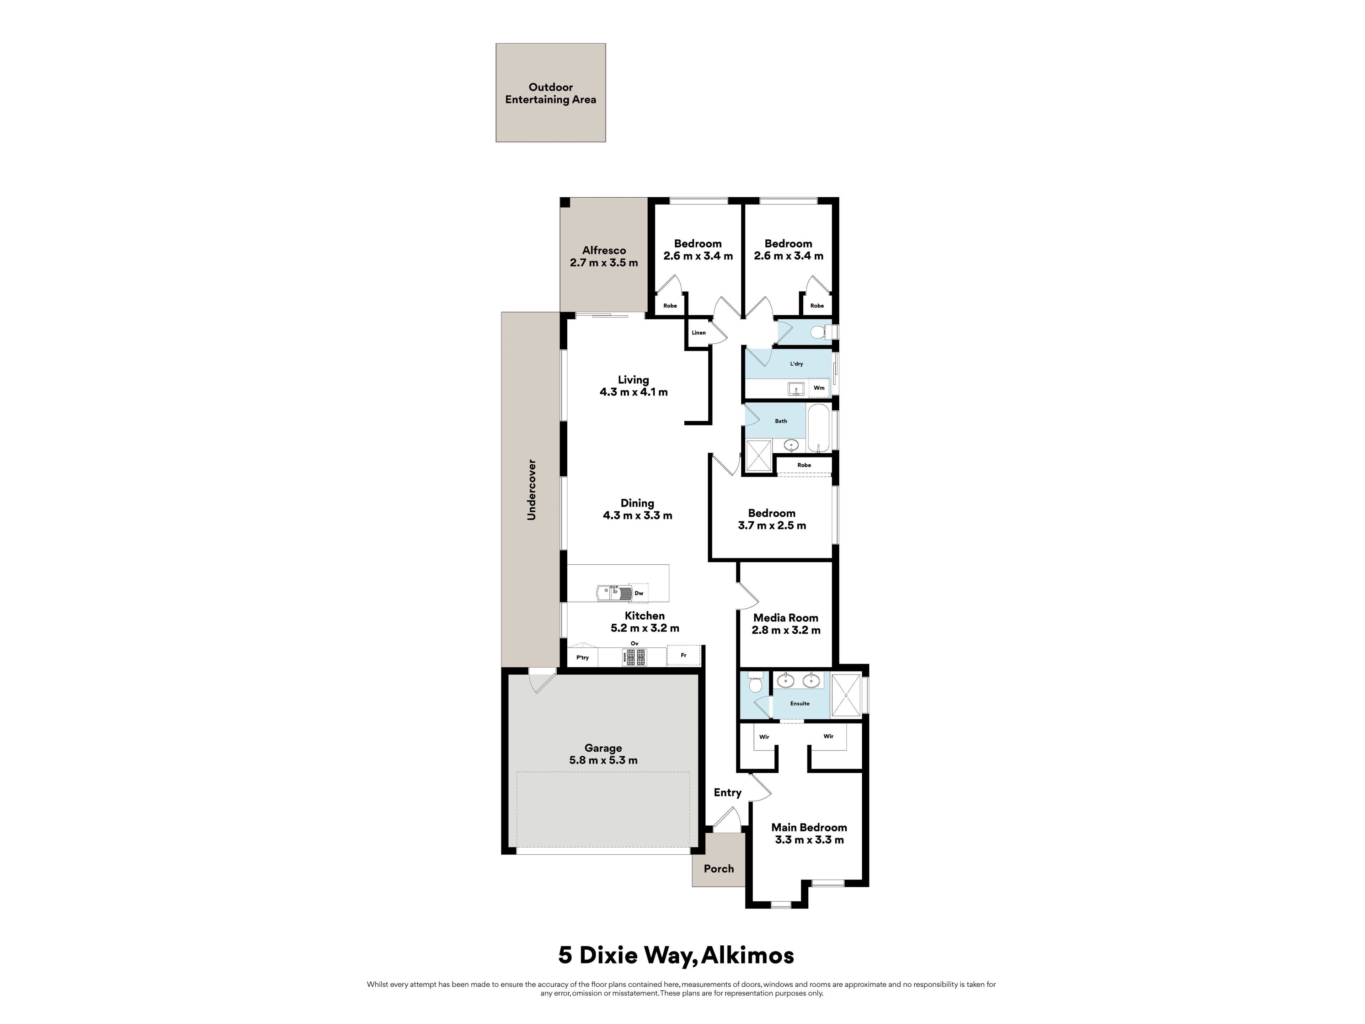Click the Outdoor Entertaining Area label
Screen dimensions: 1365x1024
550,93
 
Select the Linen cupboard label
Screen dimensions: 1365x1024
698,333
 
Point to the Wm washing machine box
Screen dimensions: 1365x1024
819,388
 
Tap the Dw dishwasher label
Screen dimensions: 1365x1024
639,593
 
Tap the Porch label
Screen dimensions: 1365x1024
719,869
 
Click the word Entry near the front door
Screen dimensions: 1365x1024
728,793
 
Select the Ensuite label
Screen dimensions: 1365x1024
800,703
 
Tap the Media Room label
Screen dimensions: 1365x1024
786,618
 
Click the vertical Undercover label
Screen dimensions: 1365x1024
531,490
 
